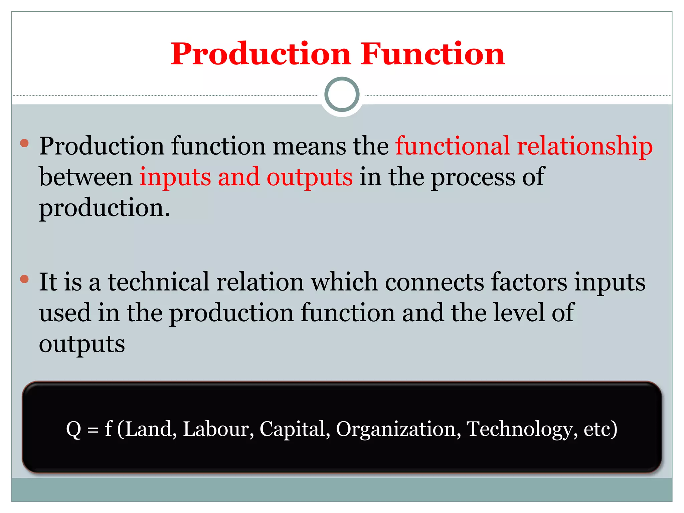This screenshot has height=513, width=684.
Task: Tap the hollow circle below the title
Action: pyautogui.click(x=342, y=95)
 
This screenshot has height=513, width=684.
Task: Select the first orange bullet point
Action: pyautogui.click(x=24, y=144)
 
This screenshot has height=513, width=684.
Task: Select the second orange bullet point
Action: pyautogui.click(x=24, y=279)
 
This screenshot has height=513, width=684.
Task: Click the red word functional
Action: pyautogui.click(x=452, y=146)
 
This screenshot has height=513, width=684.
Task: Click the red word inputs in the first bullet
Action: pyautogui.click(x=175, y=178)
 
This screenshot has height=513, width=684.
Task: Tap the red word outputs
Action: pyautogui.click(x=309, y=178)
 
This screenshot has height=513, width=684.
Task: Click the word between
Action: pyautogui.click(x=85, y=177)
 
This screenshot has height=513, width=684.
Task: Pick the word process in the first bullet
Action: pyautogui.click(x=473, y=178)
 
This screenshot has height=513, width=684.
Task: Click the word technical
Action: pyautogui.click(x=158, y=282)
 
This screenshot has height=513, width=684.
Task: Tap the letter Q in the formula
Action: pyautogui.click(x=73, y=429)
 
